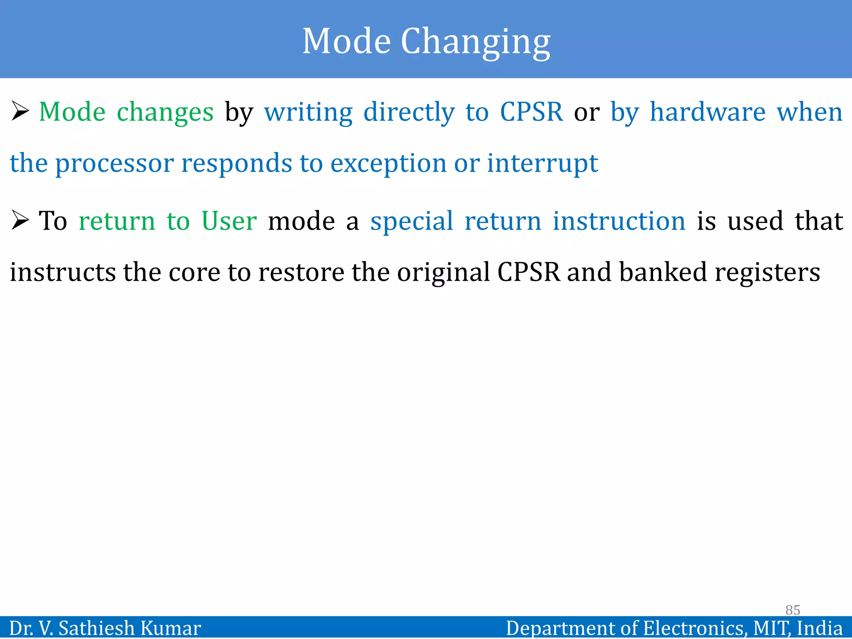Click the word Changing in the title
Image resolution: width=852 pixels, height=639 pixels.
(x=475, y=42)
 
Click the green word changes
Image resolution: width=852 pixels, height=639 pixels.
(x=165, y=112)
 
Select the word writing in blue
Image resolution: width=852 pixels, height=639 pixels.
(x=308, y=112)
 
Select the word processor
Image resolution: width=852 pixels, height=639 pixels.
(x=114, y=163)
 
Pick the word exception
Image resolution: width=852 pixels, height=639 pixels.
(x=388, y=163)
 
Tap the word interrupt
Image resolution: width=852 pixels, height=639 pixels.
(x=542, y=163)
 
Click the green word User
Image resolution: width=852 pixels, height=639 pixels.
(x=229, y=220)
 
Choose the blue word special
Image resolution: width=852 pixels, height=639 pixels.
(x=411, y=220)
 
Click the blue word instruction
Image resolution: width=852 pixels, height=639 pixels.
(x=619, y=220)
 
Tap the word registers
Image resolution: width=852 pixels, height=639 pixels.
(x=767, y=273)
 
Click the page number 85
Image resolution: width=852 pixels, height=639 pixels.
(x=793, y=610)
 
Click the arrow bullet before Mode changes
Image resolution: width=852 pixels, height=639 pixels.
(x=20, y=111)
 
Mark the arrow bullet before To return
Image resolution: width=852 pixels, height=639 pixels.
(x=20, y=220)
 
